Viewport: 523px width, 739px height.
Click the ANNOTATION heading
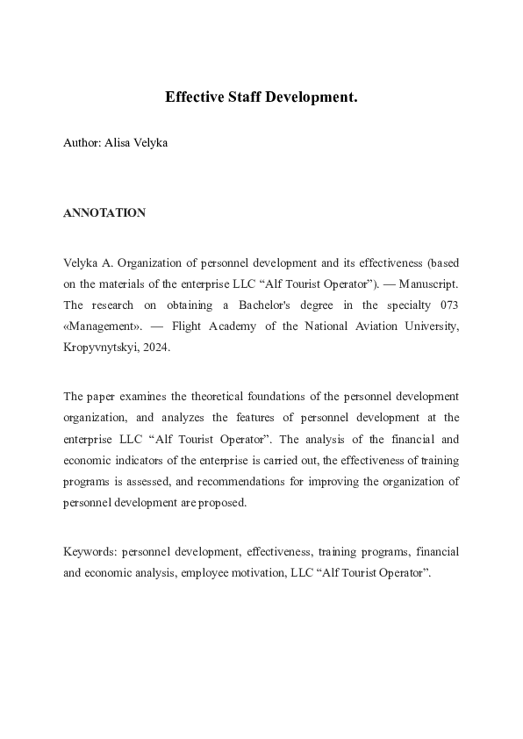[104, 213]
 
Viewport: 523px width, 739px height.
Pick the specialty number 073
[446, 305]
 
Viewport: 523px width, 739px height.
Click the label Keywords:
[90, 551]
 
